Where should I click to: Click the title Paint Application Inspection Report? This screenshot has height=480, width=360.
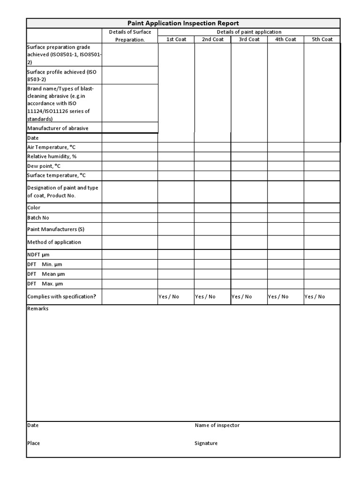tap(183, 23)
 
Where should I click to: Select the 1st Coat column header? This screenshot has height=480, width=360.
tap(176, 39)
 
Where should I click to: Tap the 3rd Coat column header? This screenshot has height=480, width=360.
tap(249, 39)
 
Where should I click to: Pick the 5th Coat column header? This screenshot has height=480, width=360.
tap(322, 39)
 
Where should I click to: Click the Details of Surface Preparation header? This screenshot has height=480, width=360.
tap(130, 36)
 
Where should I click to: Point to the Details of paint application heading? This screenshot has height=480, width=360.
tap(249, 32)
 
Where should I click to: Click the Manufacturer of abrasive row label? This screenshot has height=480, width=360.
tap(58, 128)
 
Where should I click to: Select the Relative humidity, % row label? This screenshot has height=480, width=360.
tap(52, 157)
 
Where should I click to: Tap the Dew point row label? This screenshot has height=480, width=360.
tap(44, 166)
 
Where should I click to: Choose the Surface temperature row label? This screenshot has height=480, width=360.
tap(56, 175)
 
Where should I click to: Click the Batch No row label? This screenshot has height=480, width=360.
tap(38, 217)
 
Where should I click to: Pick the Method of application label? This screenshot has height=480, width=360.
tap(54, 242)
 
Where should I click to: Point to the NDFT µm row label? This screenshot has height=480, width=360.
tap(38, 255)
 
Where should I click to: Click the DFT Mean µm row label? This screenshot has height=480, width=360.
tap(46, 274)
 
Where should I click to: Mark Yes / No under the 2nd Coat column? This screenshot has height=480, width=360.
tap(205, 297)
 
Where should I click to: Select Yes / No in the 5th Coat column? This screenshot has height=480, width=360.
tap(315, 297)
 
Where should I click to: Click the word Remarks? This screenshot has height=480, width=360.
tap(37, 308)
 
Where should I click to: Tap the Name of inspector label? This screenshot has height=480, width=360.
tap(217, 425)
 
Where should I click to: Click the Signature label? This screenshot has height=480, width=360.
tap(206, 443)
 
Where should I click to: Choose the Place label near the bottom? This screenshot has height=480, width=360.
tap(33, 443)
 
